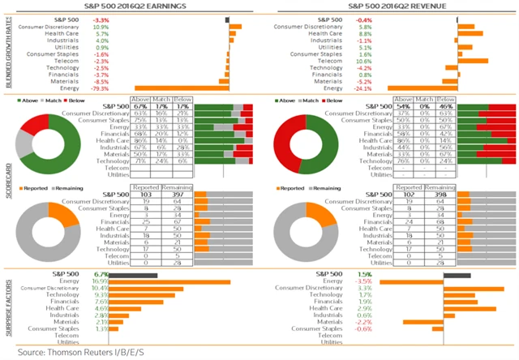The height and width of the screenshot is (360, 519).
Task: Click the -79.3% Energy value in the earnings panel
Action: (x=101, y=88)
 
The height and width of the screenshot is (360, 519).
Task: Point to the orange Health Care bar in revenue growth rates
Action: (x=470, y=33)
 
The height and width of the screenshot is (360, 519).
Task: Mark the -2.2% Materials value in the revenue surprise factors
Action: (x=364, y=322)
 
